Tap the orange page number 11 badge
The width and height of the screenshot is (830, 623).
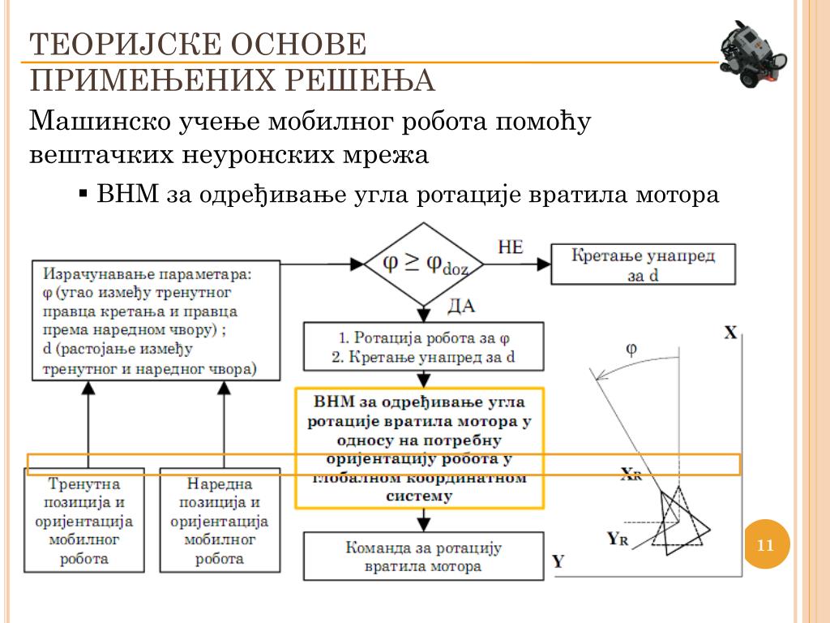(765, 545)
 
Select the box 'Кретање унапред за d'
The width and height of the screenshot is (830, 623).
(644, 264)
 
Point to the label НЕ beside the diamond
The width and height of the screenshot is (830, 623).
(510, 247)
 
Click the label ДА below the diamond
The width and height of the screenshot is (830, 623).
(460, 307)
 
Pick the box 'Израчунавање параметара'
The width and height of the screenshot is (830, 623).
(156, 320)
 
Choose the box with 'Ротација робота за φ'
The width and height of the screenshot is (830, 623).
(424, 346)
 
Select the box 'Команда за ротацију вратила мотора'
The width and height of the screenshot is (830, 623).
(424, 556)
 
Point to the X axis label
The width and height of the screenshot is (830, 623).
(729, 333)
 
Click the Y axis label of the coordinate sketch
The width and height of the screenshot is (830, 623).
(558, 561)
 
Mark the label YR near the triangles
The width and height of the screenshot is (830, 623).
(618, 536)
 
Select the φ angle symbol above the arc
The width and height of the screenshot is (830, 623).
(631, 349)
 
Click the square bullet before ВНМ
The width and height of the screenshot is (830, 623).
(83, 195)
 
